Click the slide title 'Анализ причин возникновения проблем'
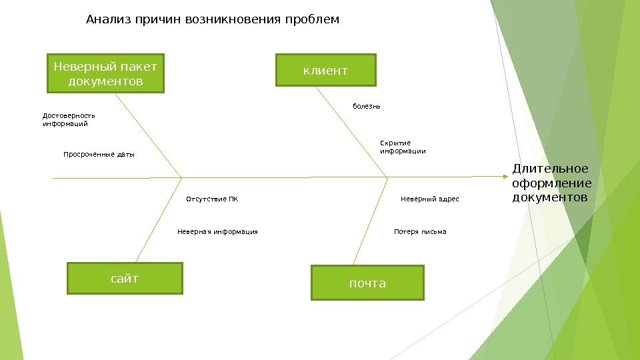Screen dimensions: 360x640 (213, 19)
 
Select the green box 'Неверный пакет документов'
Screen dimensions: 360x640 (105, 73)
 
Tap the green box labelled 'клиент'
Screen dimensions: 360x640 (326, 71)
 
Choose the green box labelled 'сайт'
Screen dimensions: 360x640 (125, 278)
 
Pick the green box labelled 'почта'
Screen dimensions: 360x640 (367, 283)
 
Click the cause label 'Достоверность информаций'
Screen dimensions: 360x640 (69, 119)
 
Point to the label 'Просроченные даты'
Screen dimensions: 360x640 (99, 155)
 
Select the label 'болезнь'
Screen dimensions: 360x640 (366, 106)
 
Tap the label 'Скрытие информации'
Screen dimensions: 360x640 (403, 147)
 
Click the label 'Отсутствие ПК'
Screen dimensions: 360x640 (211, 199)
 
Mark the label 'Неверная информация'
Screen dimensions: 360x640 (217, 232)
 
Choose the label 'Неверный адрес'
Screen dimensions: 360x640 (429, 199)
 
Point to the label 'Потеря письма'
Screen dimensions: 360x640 (420, 232)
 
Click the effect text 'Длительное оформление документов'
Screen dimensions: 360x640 (551, 183)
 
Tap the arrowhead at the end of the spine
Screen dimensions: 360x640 (504, 177)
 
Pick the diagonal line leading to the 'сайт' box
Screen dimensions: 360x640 (159, 220)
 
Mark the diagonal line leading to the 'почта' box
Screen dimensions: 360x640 (371, 220)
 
